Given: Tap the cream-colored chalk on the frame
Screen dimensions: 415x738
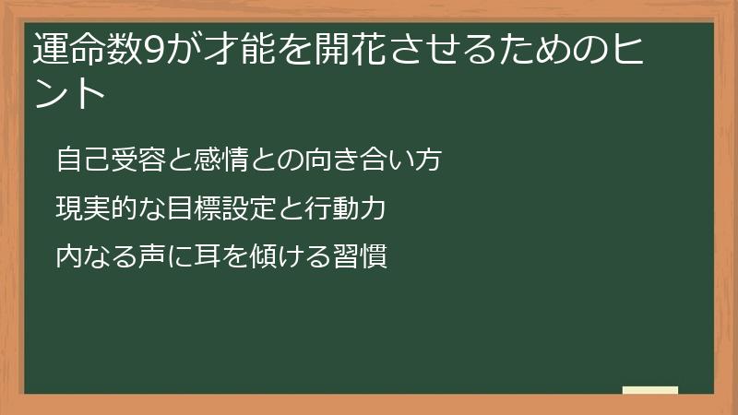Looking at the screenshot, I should pyautogui.click(x=650, y=390).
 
